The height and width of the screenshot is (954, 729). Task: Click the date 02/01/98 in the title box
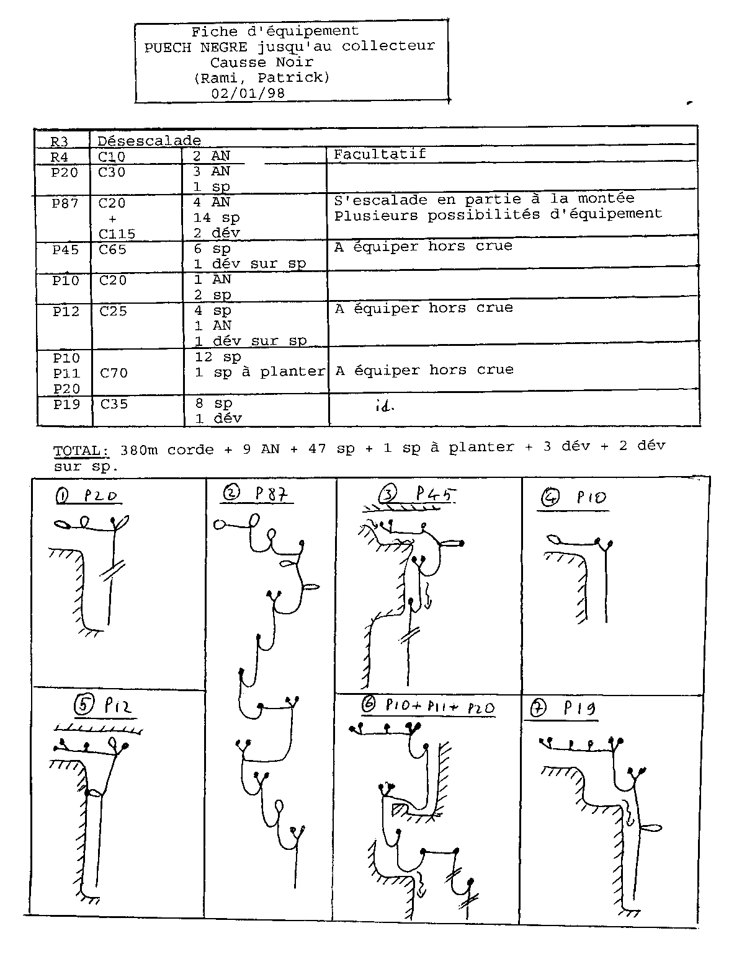[x=249, y=93]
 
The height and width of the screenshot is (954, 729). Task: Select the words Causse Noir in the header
[x=261, y=62]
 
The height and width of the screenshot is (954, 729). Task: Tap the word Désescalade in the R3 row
[x=149, y=141]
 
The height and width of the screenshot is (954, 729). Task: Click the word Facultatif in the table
[x=380, y=154]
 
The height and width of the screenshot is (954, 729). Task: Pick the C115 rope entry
[x=117, y=234]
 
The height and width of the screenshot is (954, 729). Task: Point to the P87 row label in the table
[x=65, y=203]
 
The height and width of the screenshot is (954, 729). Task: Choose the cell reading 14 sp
[x=216, y=218]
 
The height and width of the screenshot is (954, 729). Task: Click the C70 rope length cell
[x=114, y=373]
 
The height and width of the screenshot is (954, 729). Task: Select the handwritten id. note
[x=385, y=406]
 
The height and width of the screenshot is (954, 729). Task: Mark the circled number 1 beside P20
[x=62, y=495]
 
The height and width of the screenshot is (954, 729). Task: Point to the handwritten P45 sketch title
[x=436, y=494]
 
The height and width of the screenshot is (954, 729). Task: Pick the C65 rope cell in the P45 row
[x=112, y=249]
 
